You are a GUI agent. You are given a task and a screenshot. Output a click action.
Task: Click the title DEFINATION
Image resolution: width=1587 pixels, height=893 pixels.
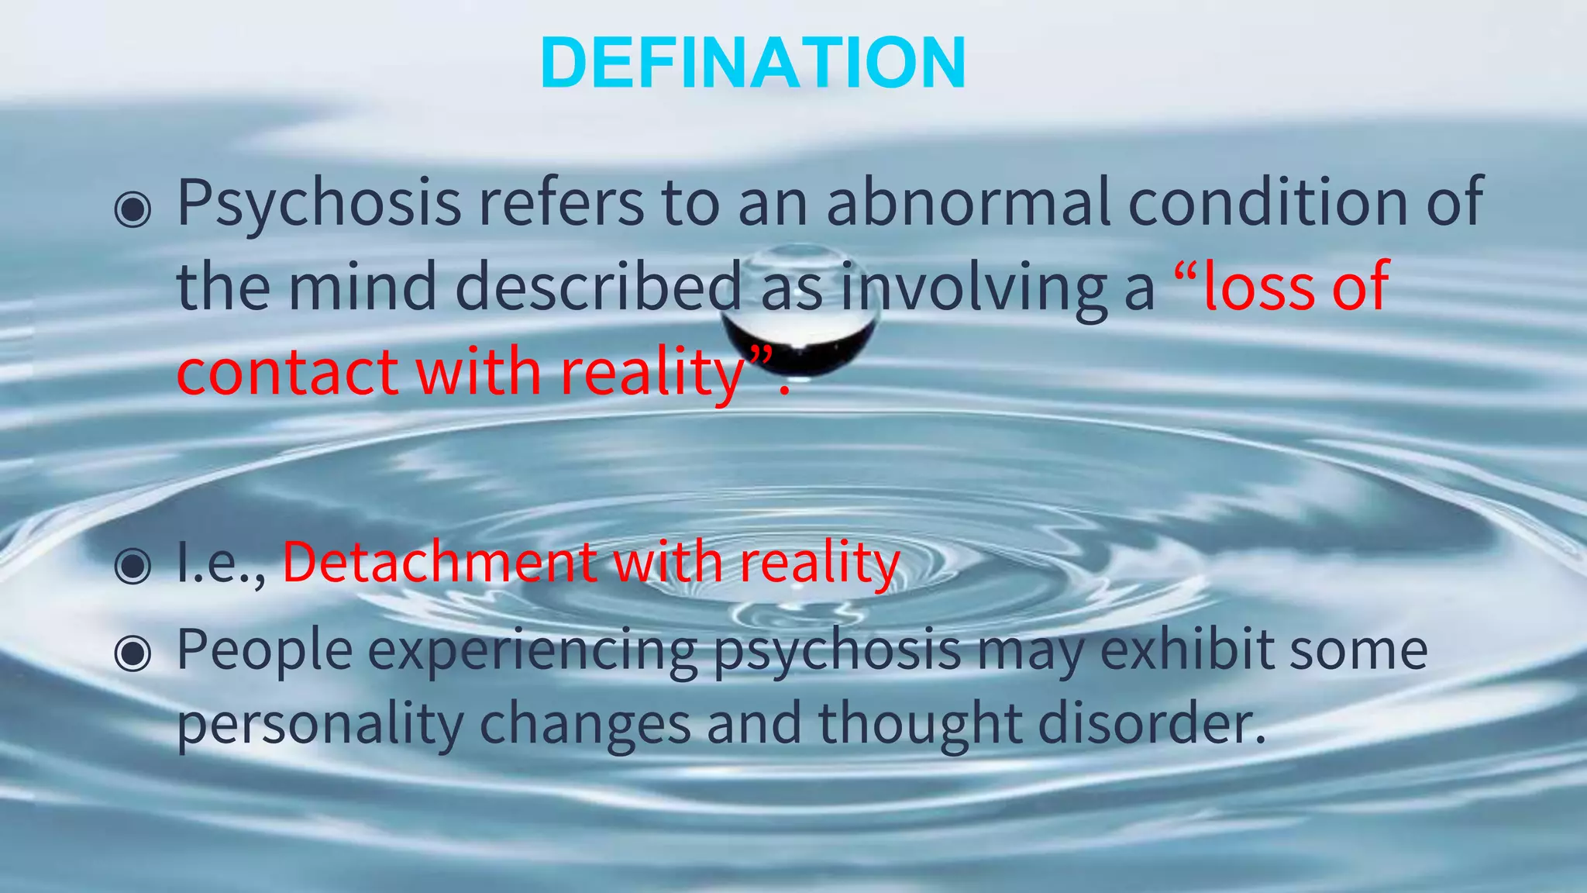coord(753,64)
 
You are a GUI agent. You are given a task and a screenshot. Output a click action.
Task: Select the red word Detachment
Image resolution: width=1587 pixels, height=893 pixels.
coord(439,562)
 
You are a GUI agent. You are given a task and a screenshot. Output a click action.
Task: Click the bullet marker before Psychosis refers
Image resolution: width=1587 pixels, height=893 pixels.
coord(133,209)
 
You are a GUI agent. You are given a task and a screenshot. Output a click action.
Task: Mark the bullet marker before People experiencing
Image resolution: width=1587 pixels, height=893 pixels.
coord(133,653)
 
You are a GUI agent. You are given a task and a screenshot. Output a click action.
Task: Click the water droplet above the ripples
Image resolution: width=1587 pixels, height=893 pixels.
coord(800,314)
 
